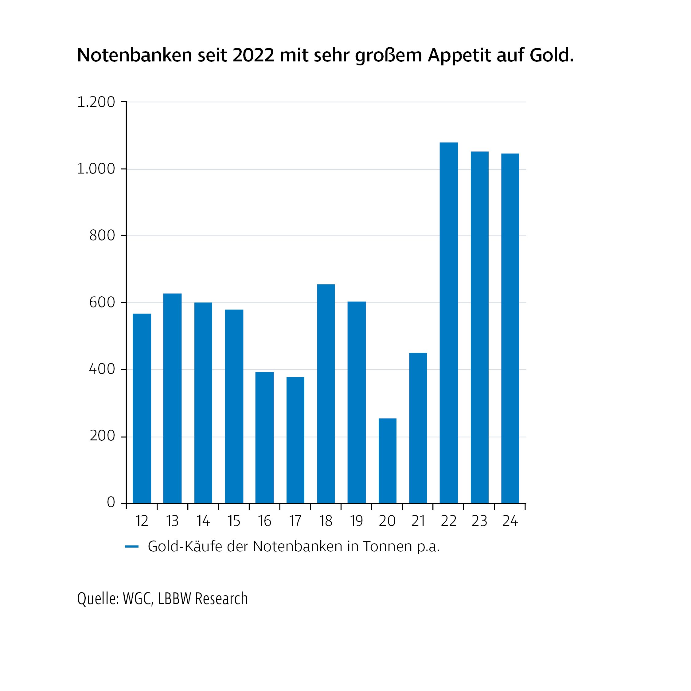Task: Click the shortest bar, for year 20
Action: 387,461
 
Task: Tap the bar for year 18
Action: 326,394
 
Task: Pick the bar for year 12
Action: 142,408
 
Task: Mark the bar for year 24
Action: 510,328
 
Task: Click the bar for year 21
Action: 418,428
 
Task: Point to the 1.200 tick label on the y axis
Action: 96,102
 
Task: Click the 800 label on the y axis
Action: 102,236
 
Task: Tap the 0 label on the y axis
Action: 111,502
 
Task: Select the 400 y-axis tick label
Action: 102,369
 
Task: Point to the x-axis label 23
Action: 479,521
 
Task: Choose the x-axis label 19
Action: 356,521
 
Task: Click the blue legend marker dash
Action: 132,547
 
